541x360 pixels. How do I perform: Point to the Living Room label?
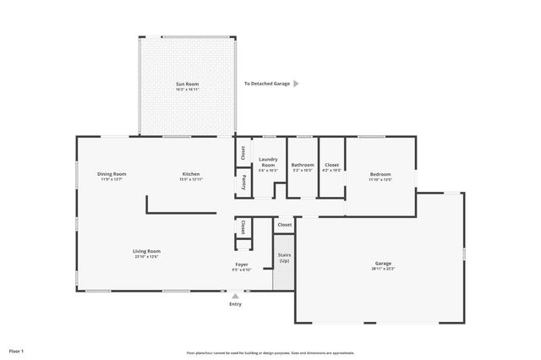tap(146, 253)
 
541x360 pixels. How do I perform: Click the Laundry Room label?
tap(268, 164)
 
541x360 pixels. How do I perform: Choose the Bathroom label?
tap(303, 166)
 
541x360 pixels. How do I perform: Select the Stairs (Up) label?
tap(284, 257)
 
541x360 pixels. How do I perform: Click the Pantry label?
tap(243, 181)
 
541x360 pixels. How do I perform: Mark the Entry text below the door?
tap(235, 304)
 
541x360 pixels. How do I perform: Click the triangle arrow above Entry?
tap(235, 296)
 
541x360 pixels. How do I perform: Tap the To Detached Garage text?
tap(266, 84)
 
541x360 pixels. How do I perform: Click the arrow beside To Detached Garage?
tap(296, 84)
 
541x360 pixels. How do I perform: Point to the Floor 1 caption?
tap(17, 350)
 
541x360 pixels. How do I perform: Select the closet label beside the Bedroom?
tap(331, 166)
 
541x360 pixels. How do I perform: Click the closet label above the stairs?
tap(285, 225)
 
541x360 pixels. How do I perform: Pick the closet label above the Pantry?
tap(243, 153)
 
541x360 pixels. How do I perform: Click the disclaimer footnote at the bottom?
tap(270, 352)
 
